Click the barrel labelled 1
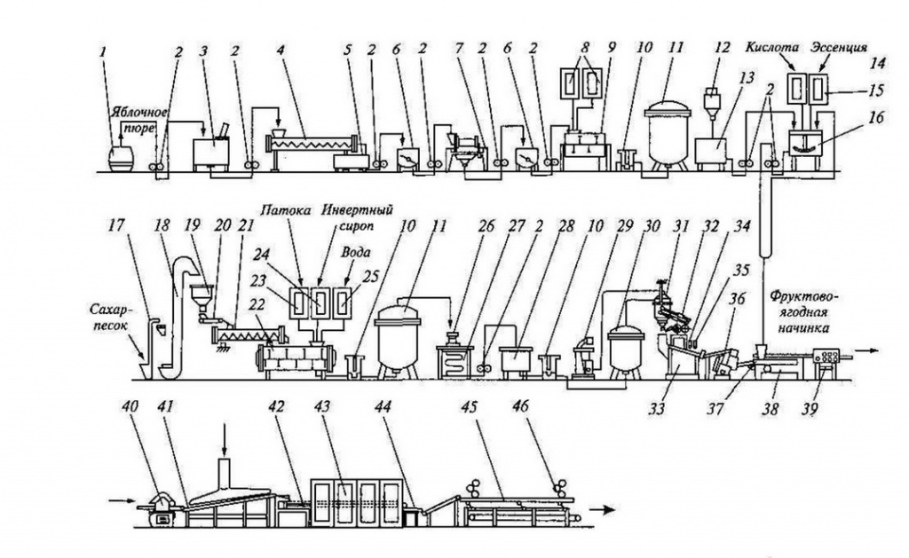coord(121,157)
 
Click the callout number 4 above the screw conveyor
coord(281,50)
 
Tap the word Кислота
coord(772,48)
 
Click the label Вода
coord(355,253)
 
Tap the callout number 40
coord(130,405)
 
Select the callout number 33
coord(658,409)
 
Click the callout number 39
coord(810,409)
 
